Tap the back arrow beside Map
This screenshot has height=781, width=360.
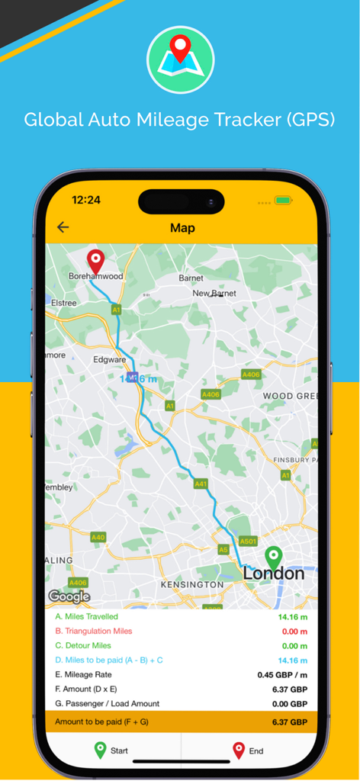[63, 227]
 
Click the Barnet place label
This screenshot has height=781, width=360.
[191, 278]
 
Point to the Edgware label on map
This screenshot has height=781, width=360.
[108, 359]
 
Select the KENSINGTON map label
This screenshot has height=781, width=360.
[191, 584]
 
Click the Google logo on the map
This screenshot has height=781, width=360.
[69, 596]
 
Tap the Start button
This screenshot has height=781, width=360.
[112, 750]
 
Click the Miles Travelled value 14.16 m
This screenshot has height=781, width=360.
[292, 616]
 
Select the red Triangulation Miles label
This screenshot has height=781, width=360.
[94, 631]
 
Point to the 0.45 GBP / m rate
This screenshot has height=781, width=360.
[282, 675]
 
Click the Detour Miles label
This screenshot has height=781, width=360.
[83, 645]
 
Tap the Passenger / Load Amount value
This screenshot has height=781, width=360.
[289, 704]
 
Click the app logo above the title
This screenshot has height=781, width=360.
[180, 59]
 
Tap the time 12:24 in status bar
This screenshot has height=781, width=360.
[86, 201]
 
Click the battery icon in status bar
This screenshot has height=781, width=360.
[284, 201]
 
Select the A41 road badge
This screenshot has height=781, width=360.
[201, 484]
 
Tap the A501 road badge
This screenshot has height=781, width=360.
[248, 541]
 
